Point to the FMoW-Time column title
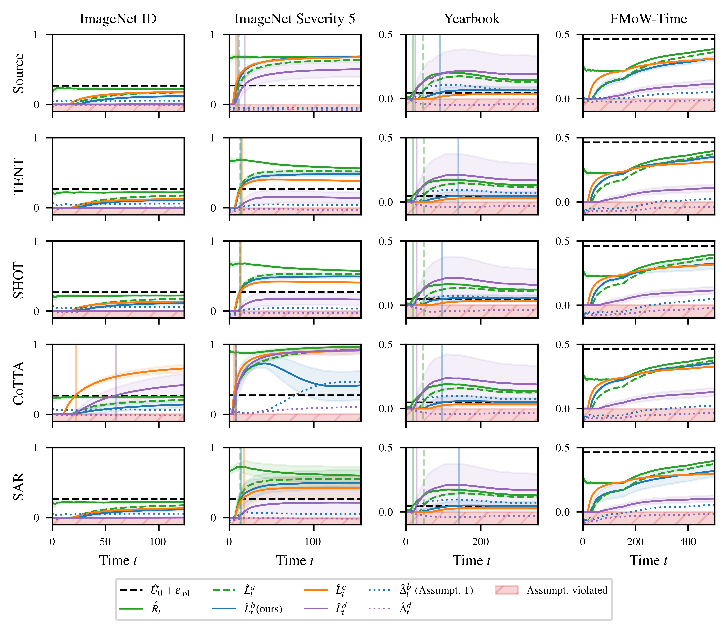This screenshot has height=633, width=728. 649,19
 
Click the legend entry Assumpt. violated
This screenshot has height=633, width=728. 567,590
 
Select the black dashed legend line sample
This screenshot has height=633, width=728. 131,590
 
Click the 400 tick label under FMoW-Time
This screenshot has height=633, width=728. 688,542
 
